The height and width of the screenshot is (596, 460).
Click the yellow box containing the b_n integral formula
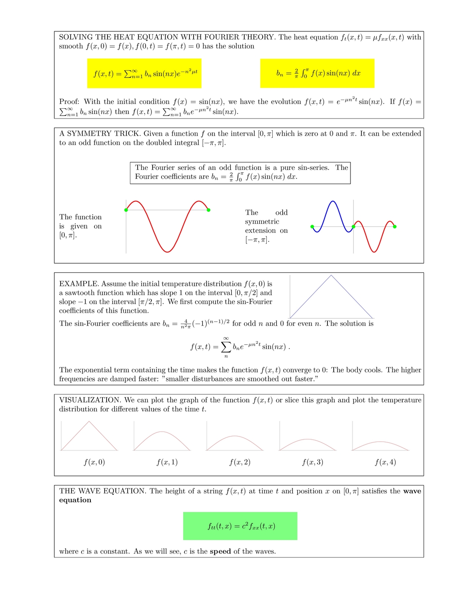click(x=317, y=73)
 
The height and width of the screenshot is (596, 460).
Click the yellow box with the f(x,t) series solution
click(x=144, y=73)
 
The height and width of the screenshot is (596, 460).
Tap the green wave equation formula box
click(x=240, y=526)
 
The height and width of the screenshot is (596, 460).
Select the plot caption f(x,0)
click(x=95, y=462)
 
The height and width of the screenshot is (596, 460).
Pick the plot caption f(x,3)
click(x=313, y=462)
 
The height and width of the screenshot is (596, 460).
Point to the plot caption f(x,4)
click(x=386, y=462)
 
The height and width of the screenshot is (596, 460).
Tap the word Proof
click(x=69, y=102)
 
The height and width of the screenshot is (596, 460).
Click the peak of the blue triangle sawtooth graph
click(x=331, y=275)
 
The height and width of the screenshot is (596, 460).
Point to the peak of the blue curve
click(x=333, y=202)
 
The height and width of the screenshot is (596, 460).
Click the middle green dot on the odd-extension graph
click(x=353, y=227)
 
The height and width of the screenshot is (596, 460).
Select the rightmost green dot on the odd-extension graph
click(x=395, y=227)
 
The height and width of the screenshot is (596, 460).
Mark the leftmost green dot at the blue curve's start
click(x=312, y=227)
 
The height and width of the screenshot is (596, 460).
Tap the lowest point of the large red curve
click(x=167, y=252)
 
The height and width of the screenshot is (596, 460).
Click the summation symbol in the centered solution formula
click(x=226, y=347)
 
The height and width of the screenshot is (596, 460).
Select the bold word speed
click(x=220, y=551)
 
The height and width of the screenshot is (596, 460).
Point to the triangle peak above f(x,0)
click(x=89, y=421)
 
